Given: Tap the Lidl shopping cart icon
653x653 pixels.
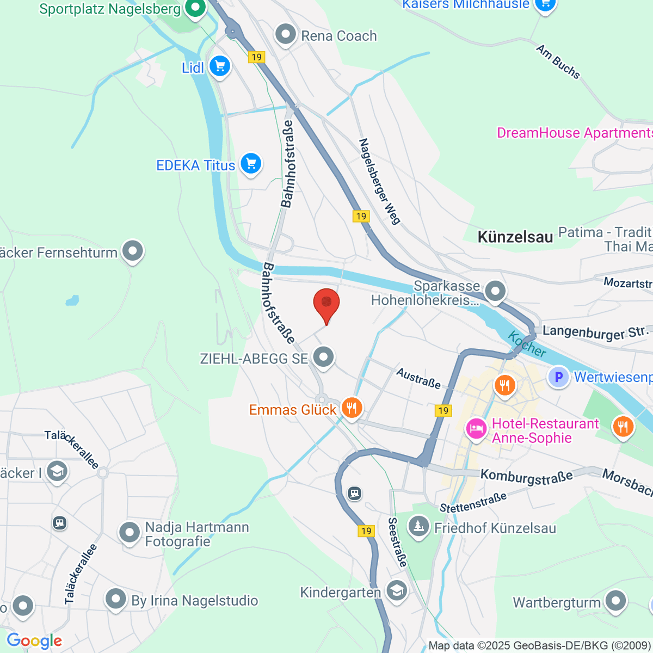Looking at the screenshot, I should tap(220, 67).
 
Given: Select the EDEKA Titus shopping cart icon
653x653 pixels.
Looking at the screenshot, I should tap(251, 163).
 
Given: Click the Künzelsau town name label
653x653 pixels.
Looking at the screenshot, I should tap(515, 237).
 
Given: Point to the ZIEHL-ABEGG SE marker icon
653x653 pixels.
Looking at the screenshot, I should tap(324, 358).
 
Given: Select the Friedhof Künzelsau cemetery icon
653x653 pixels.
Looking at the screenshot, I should tap(418, 526).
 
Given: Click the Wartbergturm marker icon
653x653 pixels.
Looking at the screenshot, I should tap(615, 601).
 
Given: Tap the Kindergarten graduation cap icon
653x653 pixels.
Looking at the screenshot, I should tap(396, 590).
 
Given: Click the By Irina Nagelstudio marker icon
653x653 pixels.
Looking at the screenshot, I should tap(115, 599).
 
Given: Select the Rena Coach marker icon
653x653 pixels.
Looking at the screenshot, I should tap(285, 34).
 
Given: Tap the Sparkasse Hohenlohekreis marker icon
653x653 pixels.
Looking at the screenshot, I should tap(495, 291).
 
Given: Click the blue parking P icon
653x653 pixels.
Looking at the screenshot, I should tap(558, 377).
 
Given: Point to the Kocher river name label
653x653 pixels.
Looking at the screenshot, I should tap(527, 344).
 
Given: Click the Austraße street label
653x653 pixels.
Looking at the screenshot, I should tap(418, 378).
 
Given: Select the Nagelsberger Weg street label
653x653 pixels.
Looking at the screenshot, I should tap(379, 181).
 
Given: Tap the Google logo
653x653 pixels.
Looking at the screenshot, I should tap(34, 641).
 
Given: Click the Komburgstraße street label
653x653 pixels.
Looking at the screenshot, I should tap(527, 477).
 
